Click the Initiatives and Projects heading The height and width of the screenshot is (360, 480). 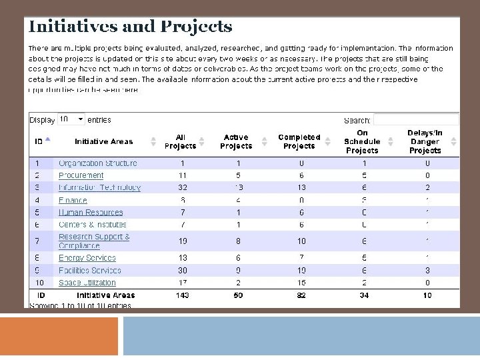pos(130,27)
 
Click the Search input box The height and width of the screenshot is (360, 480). pos(416,120)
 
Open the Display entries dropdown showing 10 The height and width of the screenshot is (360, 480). pos(71,119)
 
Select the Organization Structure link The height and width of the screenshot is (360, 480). pos(98,163)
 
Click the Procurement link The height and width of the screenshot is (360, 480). pos(81,175)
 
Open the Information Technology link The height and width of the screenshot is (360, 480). pos(99,187)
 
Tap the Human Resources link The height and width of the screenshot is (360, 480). pos(91,213)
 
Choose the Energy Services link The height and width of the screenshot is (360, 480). pos(87,258)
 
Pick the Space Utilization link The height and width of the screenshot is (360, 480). pos(87,283)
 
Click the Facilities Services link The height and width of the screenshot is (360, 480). pos(90,271)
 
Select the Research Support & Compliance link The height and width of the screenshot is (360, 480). pos(94,241)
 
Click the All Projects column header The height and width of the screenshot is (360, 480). pos(180,141)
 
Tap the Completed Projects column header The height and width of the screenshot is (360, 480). pos(299,141)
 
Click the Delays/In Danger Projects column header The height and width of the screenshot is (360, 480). pos(425,141)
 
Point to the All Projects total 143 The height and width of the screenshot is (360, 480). pos(181,295)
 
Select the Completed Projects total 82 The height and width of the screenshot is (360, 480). pos(301,295)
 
